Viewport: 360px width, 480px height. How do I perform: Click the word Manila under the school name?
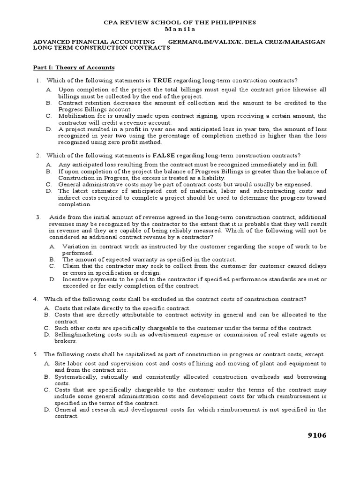[180, 29]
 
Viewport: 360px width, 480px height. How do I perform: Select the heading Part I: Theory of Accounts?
[74, 67]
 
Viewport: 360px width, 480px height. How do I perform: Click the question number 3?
[37, 217]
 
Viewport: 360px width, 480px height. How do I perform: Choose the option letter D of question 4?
[46, 334]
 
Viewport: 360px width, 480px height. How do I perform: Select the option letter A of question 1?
[48, 89]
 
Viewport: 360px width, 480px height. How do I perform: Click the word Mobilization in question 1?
[77, 115]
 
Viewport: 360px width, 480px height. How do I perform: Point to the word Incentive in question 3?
[75, 279]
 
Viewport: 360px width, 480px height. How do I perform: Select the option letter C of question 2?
[48, 184]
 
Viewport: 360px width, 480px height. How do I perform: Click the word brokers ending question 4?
[65, 341]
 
